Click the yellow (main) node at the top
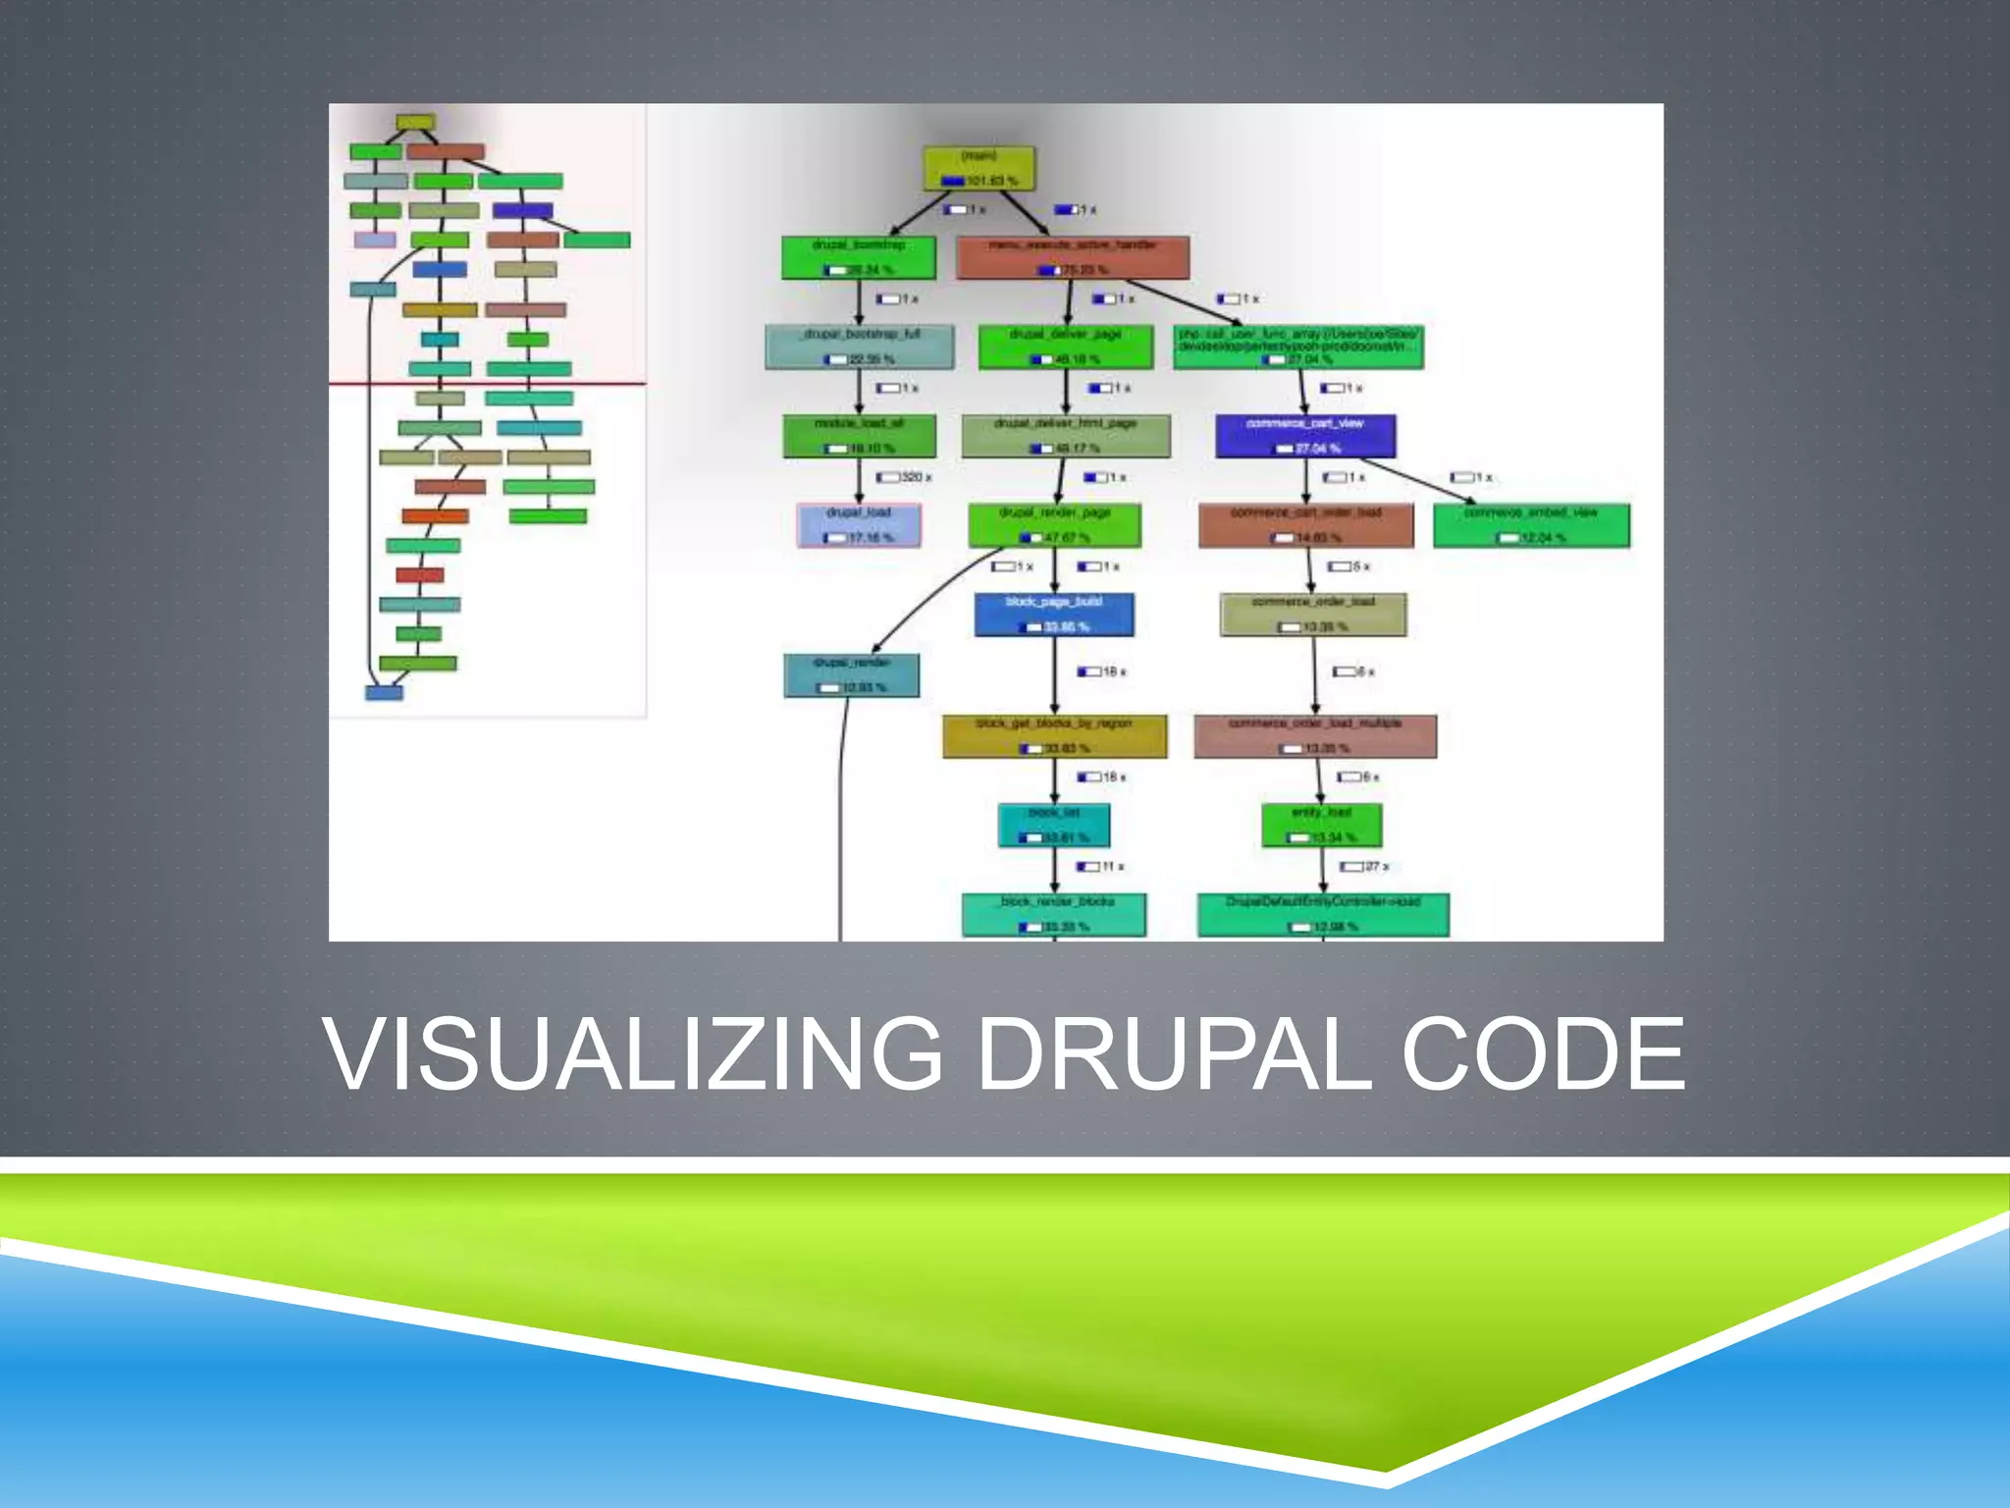click(x=979, y=169)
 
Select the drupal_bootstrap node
click(x=859, y=257)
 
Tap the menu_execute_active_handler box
click(x=1073, y=257)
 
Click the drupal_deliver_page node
click(x=1065, y=347)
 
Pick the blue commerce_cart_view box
click(x=1305, y=436)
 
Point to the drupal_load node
click(x=859, y=525)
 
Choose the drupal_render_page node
click(x=1055, y=525)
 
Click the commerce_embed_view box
click(x=1531, y=525)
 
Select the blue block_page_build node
click(x=1054, y=615)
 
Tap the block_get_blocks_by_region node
click(x=1055, y=736)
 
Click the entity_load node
click(x=1322, y=825)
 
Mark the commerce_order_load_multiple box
click(x=1315, y=736)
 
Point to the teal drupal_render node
click(x=852, y=675)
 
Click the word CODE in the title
click(x=1543, y=1054)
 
